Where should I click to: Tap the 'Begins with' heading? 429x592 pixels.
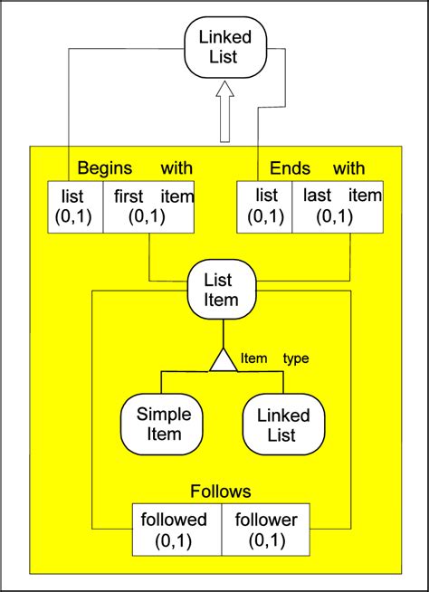[135, 168]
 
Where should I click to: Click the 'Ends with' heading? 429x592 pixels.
[318, 168]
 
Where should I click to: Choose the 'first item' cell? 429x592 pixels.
[149, 206]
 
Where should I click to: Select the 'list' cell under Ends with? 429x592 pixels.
[266, 206]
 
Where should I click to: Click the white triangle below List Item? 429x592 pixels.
[224, 360]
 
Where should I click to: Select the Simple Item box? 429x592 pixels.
[164, 424]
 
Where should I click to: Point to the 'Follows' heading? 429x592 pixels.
[221, 492]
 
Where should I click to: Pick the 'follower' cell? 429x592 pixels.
[266, 530]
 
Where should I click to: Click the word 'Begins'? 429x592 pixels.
[105, 168]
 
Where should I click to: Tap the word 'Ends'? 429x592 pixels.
[290, 168]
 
